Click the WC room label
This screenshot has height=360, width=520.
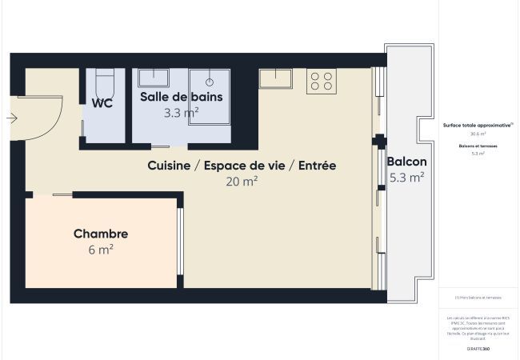coord(102,102)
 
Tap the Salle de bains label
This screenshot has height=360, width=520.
coord(181,97)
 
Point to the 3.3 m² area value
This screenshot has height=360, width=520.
coord(181,113)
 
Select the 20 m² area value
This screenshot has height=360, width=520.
coord(242,182)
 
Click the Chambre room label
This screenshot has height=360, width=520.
coord(101,234)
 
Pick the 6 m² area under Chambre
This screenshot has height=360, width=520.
coord(101,250)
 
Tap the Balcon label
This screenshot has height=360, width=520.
coord(406,162)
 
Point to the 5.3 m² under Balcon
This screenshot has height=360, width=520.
coord(406,178)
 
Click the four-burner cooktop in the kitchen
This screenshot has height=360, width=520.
coord(322,80)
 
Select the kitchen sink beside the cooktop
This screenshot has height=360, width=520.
coord(276,78)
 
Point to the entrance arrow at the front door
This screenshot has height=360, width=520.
coord(11,118)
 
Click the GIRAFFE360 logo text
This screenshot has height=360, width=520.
coord(479,350)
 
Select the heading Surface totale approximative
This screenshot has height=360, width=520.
coord(478,125)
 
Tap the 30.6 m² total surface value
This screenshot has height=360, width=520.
coord(478,134)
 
